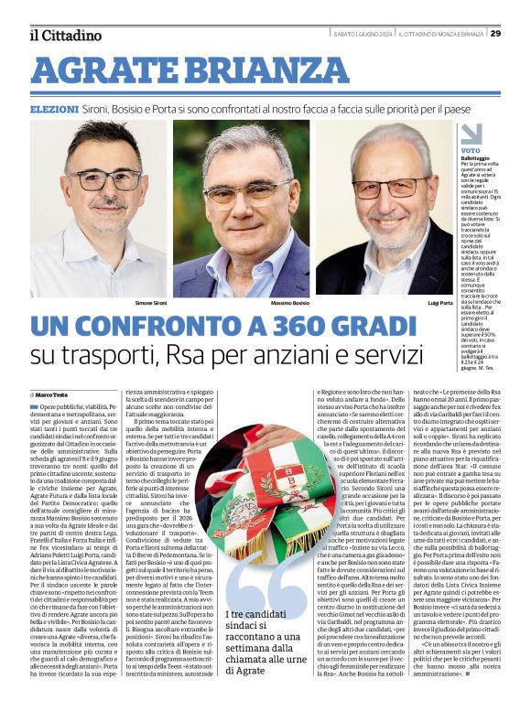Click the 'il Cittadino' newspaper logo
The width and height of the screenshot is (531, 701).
point(64,35)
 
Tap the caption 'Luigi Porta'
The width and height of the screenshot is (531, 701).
point(440,303)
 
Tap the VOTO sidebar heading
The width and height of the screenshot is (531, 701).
point(471,150)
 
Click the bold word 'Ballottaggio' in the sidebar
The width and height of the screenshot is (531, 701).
point(475,158)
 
